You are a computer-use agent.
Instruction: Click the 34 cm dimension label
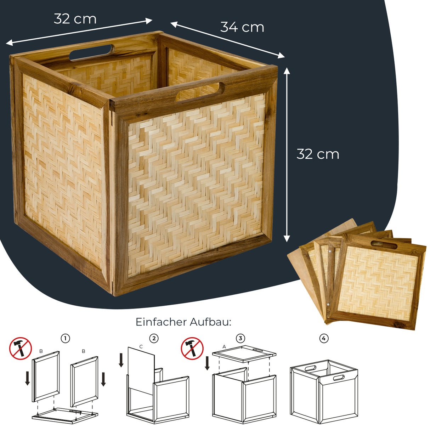pos(242,27)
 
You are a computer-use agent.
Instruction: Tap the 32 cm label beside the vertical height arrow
pos(318,154)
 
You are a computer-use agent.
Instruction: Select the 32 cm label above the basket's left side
pos(75,19)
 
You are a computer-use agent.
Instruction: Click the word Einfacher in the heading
pos(161,322)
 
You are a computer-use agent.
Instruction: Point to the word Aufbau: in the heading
pos(210,322)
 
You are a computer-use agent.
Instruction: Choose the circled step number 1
pos(65,338)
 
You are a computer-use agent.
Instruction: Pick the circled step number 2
pos(154,338)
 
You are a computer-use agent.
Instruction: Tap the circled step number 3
pos(241,338)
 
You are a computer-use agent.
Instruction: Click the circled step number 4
pos(324,338)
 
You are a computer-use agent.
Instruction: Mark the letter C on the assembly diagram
pos(141,346)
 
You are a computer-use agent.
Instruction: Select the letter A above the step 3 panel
pos(224,346)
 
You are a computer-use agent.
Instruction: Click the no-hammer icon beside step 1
pos(21,348)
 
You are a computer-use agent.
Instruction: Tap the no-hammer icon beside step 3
pos(192,348)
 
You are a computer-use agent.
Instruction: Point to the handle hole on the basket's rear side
pos(92,52)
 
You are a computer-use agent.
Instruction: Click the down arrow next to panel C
pos(121,360)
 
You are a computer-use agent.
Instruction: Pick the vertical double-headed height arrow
pos(287,155)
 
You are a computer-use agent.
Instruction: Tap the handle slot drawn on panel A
pos(258,351)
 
